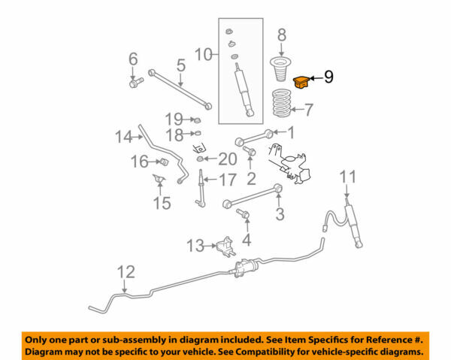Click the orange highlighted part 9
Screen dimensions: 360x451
coord(302,81)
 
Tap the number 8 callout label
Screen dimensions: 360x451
coord(282,35)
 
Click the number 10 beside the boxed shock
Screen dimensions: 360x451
coord(204,53)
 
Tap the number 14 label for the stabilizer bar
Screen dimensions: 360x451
coord(123,136)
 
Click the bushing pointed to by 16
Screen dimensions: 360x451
coord(162,162)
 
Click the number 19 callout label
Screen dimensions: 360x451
coord(174,119)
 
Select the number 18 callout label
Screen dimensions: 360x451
coord(174,135)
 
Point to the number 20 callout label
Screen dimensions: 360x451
coord(228,159)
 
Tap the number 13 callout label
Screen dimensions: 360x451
coord(195,245)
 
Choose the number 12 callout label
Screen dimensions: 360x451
coord(126,271)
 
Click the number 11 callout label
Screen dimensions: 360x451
coord(347,177)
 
